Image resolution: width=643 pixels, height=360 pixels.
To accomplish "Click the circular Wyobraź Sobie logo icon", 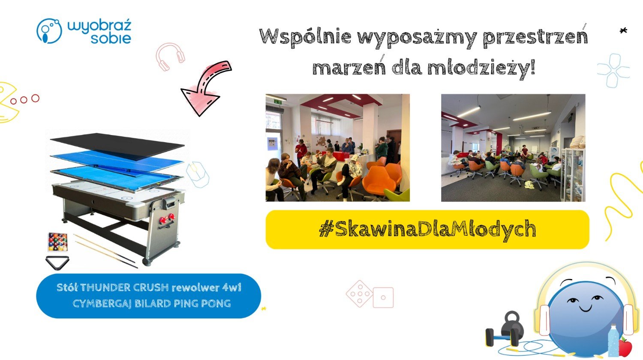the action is pyautogui.click(x=49, y=31).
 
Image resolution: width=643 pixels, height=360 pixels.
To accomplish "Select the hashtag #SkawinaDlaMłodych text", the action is pyautogui.click(x=428, y=229).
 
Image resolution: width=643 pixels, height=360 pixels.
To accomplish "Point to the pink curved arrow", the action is pyautogui.click(x=205, y=86).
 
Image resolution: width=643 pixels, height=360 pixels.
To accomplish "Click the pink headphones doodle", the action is pyautogui.click(x=170, y=56).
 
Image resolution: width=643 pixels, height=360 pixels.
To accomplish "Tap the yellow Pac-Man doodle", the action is pyautogui.click(x=8, y=102).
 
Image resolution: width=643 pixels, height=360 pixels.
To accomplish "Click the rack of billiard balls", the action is pyautogui.click(x=58, y=242).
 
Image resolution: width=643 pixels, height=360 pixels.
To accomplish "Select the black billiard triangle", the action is pyautogui.click(x=57, y=263).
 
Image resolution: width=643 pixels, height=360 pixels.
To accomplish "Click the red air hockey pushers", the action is pyautogui.click(x=167, y=219).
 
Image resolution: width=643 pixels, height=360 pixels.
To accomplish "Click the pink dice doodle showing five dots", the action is pyautogui.click(x=359, y=294).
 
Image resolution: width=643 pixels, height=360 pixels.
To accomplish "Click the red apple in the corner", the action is pyautogui.click(x=626, y=348).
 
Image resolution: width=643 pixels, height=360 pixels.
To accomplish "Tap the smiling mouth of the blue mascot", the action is pyautogui.click(x=586, y=309).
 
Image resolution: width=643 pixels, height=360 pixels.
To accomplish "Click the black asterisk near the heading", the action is pyautogui.click(x=623, y=30).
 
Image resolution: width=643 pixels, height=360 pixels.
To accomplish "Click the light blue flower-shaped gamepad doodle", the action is pyautogui.click(x=613, y=70).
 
